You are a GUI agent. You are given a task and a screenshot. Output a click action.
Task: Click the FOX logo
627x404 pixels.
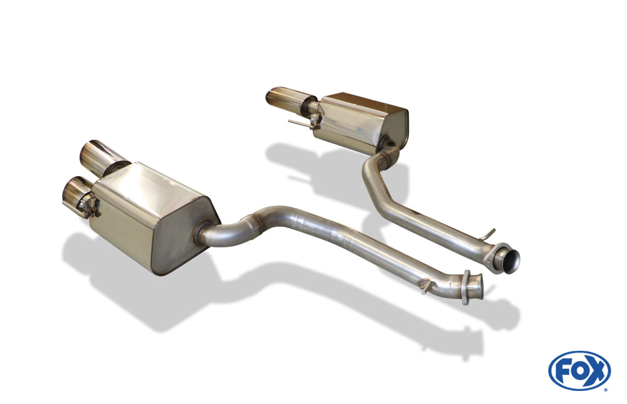[x=579, y=370]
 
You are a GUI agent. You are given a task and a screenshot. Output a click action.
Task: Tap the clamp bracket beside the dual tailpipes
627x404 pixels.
[x=90, y=206]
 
